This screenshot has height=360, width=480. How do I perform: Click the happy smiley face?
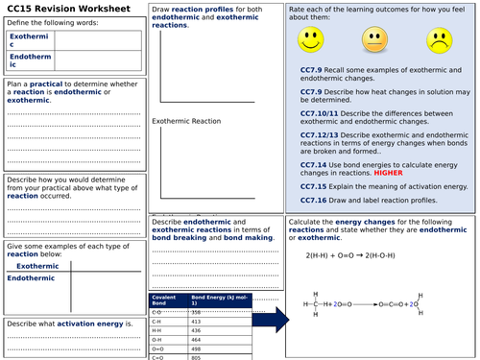coord(309,41)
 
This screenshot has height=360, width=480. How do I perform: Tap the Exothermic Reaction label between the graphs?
coord(186,121)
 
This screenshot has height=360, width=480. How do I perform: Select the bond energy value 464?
coord(197,340)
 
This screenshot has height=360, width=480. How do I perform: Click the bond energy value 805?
coord(197,357)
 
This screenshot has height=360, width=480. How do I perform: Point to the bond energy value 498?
coord(197,348)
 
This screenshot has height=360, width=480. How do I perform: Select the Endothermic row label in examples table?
coord(33,277)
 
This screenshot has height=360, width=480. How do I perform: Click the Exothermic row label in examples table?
coord(37,266)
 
